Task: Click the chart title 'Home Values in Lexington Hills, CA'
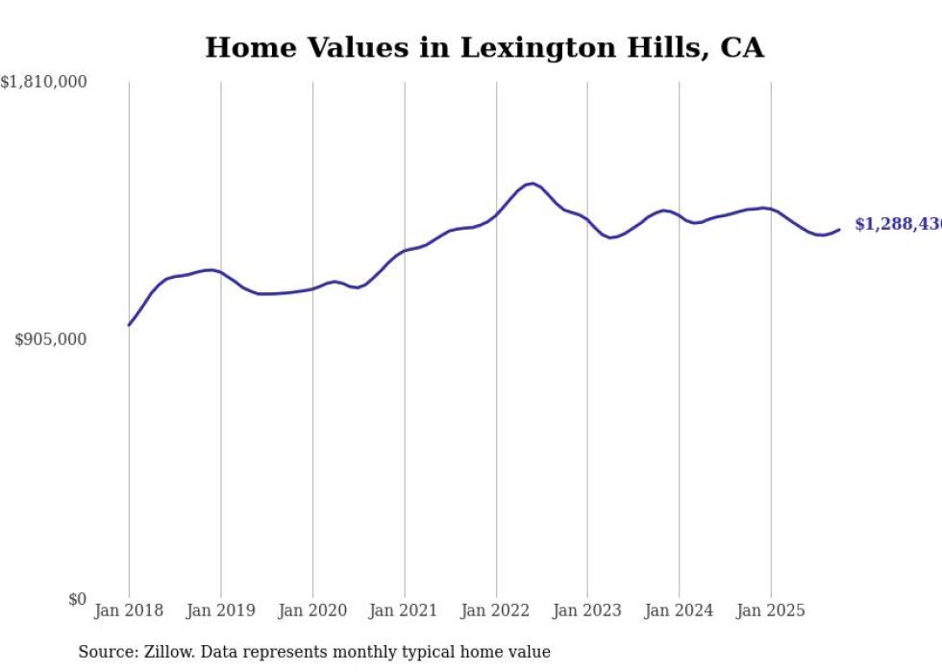point(484,47)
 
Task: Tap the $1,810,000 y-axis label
point(44,83)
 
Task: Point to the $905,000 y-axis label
point(51,339)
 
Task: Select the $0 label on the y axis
point(77,599)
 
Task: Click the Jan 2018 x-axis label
point(129,610)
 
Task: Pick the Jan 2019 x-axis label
point(220,610)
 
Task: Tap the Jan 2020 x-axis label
point(312,610)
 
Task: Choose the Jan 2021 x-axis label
point(404,610)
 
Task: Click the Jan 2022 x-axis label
point(496,610)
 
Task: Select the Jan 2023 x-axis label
point(587,610)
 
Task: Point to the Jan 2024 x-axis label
point(679,610)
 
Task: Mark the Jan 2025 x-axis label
point(771,610)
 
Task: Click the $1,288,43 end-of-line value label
point(897,224)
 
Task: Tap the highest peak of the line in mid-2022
point(530,183)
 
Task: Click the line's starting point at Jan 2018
point(129,325)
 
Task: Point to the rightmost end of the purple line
point(839,229)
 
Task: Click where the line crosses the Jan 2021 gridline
point(405,251)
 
